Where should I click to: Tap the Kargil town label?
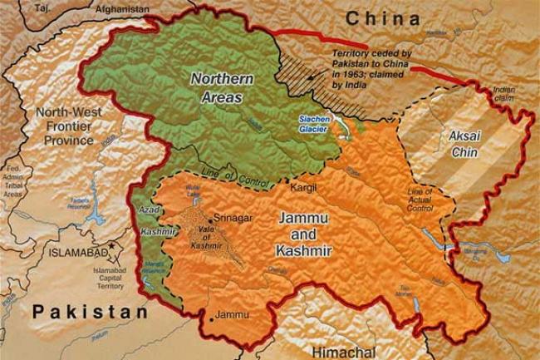[303, 188]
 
